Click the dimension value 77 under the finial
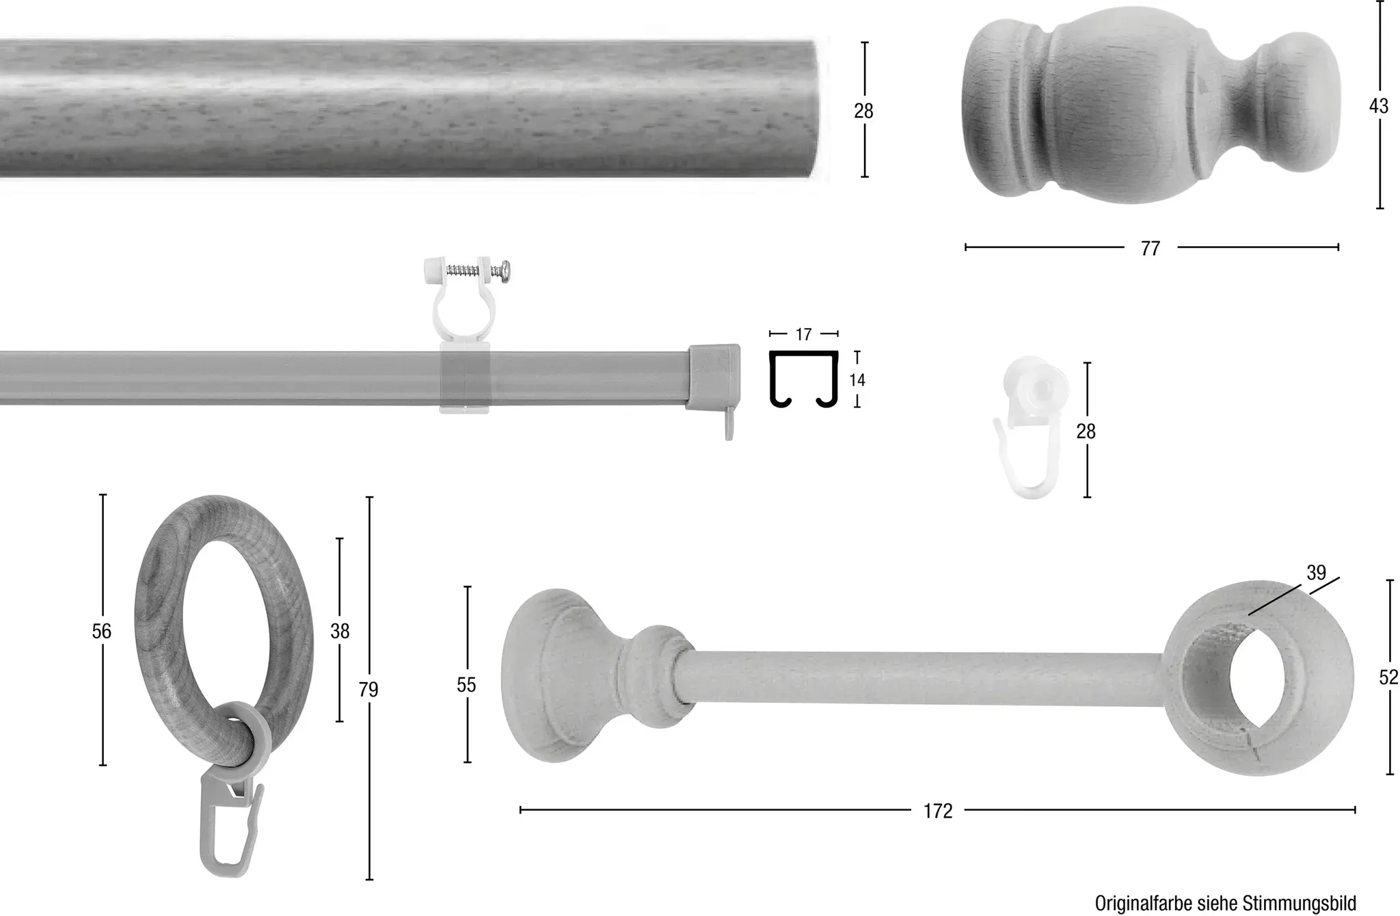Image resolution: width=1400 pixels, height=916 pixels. point(1150,248)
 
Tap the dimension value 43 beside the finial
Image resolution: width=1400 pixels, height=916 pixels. point(1379,107)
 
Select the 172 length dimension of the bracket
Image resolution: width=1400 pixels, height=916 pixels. point(938,811)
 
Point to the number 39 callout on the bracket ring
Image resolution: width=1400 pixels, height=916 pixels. point(1316,573)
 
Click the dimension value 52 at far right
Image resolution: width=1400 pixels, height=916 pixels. point(1388,677)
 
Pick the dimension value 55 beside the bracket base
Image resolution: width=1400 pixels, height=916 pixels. point(466,685)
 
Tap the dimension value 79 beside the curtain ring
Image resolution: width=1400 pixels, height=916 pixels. point(368,690)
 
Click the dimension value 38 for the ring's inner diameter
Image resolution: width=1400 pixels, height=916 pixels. point(340,631)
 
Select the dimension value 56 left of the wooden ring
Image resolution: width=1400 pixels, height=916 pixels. point(101,631)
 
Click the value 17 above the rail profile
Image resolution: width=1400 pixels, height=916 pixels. point(803,334)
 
